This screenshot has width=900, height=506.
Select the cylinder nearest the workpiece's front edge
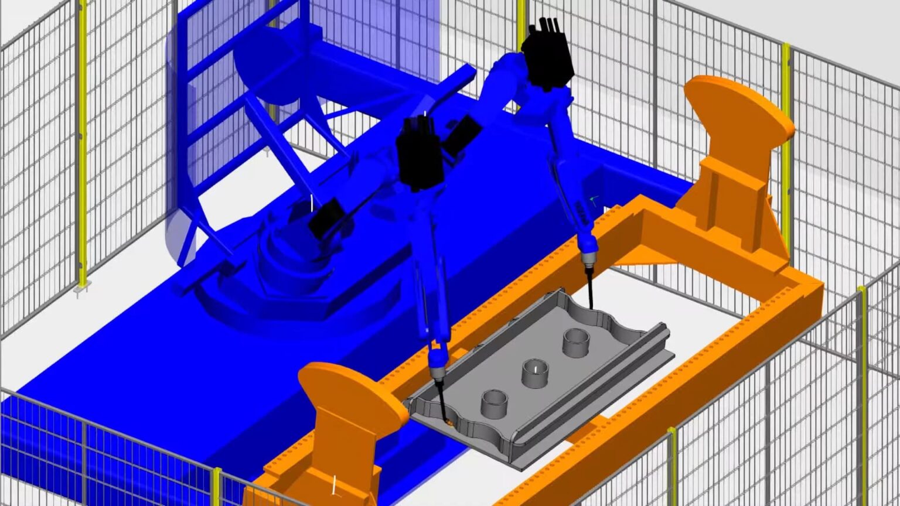494,404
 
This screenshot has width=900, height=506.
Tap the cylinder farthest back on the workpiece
575,342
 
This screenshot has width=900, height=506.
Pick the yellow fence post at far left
81,146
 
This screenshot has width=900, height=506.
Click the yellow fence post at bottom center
217,486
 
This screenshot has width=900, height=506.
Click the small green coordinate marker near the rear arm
595,201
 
